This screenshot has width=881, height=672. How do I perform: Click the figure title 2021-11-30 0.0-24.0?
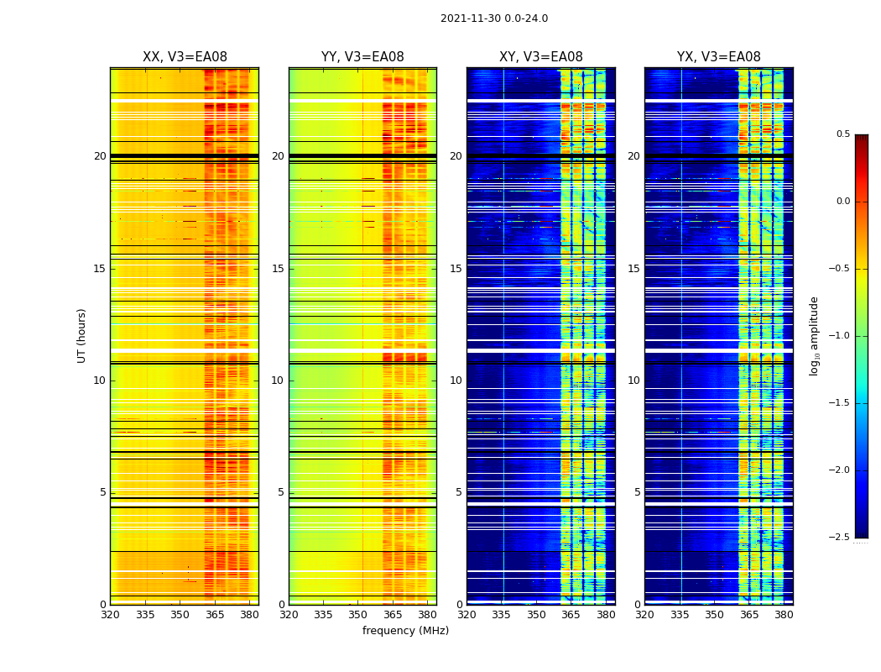point(493,18)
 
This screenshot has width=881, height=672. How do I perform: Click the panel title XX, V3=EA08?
point(185,57)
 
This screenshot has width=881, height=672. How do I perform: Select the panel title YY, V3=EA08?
point(362,57)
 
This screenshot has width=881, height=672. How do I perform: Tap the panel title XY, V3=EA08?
point(541,57)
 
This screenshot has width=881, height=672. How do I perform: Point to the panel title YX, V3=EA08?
point(719,57)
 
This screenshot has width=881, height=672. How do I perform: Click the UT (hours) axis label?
point(82,335)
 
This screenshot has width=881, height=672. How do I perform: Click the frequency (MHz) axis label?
point(405,631)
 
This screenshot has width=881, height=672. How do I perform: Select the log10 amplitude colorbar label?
point(814,335)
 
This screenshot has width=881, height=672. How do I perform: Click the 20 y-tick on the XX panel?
point(100,156)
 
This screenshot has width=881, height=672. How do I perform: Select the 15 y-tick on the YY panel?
point(278,269)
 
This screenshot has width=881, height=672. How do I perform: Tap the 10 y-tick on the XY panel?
point(456,381)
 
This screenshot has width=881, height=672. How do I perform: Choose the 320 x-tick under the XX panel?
point(110,615)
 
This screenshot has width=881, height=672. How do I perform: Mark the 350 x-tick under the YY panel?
point(357,615)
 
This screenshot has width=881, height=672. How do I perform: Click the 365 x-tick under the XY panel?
point(571,615)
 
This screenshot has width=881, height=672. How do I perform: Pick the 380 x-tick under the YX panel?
point(784,615)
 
